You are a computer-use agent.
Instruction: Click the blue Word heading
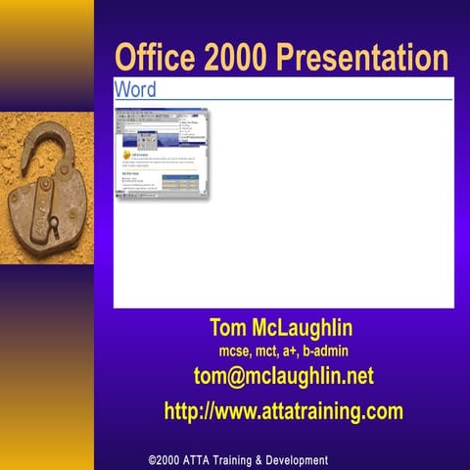coord(135,89)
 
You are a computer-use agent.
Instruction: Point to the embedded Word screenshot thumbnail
coord(163,155)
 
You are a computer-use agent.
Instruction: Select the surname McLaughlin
coord(306,326)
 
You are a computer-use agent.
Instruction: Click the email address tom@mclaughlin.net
coord(284,376)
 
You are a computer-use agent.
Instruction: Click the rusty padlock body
coord(44,206)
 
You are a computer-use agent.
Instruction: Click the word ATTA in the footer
coord(205,460)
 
